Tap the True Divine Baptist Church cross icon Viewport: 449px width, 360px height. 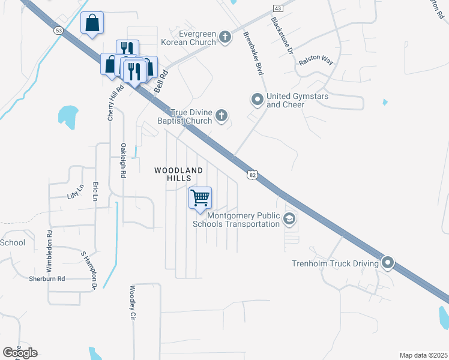click(221, 116)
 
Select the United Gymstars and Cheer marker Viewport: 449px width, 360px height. click(258, 99)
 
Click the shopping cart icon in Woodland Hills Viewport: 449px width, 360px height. click(200, 198)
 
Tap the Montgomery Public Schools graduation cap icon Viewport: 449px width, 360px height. click(289, 219)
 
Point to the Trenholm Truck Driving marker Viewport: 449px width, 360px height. click(388, 263)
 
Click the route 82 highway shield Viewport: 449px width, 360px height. click(253, 173)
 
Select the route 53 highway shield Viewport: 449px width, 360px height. click(58, 31)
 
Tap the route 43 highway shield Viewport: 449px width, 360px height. click(277, 8)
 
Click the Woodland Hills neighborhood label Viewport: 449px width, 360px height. click(179, 175)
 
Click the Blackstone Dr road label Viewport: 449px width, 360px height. click(282, 37)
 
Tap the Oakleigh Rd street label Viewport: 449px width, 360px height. click(122, 160)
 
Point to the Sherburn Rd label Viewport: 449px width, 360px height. click(47, 279)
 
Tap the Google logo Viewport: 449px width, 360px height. click(20, 352)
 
